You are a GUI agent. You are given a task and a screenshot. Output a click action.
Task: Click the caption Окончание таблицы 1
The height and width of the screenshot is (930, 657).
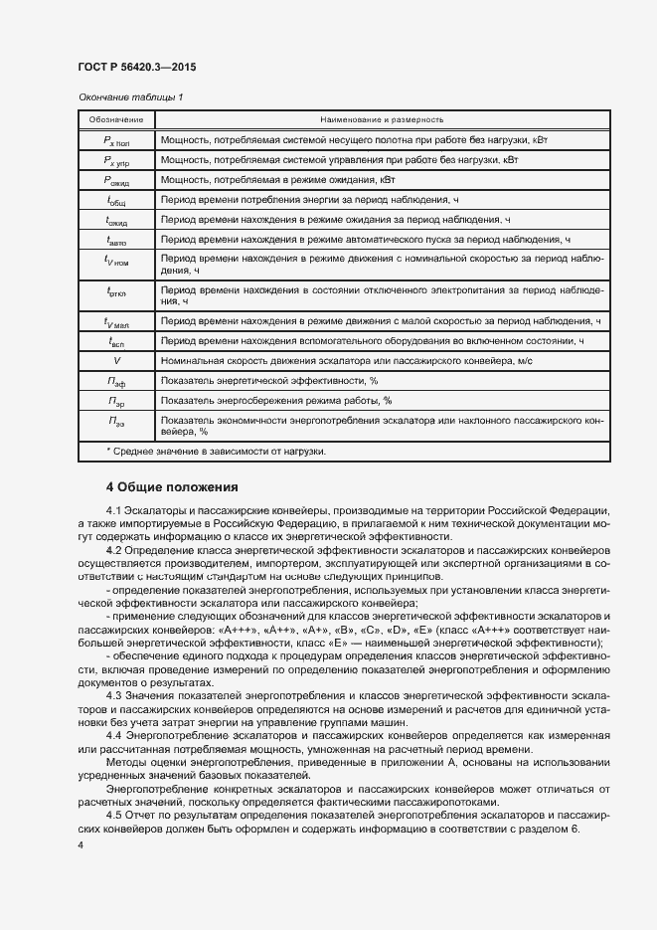[130, 97]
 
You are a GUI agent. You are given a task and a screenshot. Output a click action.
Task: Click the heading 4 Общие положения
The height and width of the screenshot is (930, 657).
[173, 487]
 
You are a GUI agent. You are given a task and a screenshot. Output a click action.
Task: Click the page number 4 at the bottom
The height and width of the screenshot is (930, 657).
[81, 844]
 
